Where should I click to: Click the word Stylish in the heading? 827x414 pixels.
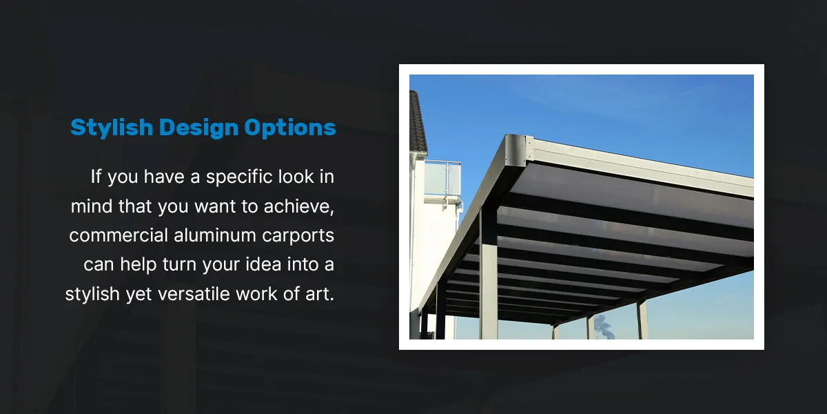click(x=112, y=128)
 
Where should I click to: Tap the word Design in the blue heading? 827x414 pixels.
click(x=198, y=128)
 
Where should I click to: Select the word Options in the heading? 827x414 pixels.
click(x=290, y=128)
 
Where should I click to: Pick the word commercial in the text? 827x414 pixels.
click(x=118, y=235)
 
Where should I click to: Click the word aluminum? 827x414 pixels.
click(x=215, y=235)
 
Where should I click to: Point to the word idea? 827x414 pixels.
click(x=263, y=265)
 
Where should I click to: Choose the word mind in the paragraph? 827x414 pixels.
click(x=92, y=206)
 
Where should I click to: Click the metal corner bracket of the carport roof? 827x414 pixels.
click(x=515, y=150)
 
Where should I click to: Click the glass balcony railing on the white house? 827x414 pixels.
click(x=442, y=179)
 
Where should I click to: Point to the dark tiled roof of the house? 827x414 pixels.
click(x=417, y=121)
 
